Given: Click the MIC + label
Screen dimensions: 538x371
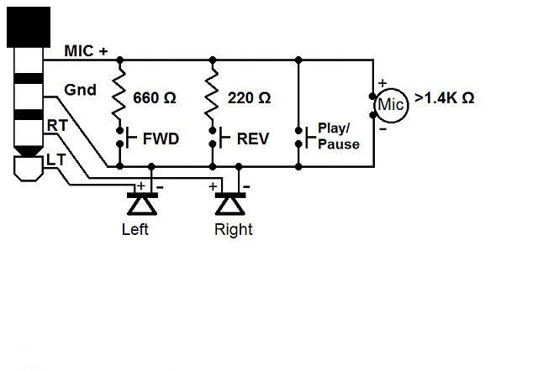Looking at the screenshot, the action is click(x=86, y=51).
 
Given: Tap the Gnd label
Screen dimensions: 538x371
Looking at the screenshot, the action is click(x=81, y=90).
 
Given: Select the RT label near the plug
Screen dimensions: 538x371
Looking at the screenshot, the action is click(x=57, y=126).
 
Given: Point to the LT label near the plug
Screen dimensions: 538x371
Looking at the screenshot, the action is click(x=55, y=160).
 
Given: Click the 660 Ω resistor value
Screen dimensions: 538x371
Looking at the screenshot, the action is click(x=155, y=98).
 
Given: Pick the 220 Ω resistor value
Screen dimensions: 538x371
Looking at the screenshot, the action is click(x=249, y=98).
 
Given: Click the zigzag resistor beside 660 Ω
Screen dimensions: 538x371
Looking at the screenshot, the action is click(x=119, y=91).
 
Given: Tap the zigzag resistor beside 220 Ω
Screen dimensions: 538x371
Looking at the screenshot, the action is click(x=212, y=91).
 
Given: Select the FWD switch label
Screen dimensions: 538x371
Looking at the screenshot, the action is click(x=161, y=138).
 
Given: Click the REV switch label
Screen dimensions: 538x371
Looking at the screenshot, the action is click(x=253, y=138).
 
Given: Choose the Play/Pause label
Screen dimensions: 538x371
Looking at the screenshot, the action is click(x=339, y=136).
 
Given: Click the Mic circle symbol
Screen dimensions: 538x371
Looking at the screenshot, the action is click(x=391, y=105).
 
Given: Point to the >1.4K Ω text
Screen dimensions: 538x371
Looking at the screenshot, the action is click(x=445, y=98).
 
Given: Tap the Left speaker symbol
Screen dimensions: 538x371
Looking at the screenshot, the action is click(x=142, y=203).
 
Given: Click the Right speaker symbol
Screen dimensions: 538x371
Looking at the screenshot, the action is click(x=230, y=203).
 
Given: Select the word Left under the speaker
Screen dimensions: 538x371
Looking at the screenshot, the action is click(x=134, y=229).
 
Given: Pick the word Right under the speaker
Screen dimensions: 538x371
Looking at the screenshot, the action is click(x=234, y=229).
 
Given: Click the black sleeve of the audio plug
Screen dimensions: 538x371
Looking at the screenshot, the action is click(x=29, y=27).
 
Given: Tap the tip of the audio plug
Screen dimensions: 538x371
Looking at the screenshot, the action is click(x=29, y=168).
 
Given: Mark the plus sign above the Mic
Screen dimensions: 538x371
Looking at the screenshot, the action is click(x=382, y=83).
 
